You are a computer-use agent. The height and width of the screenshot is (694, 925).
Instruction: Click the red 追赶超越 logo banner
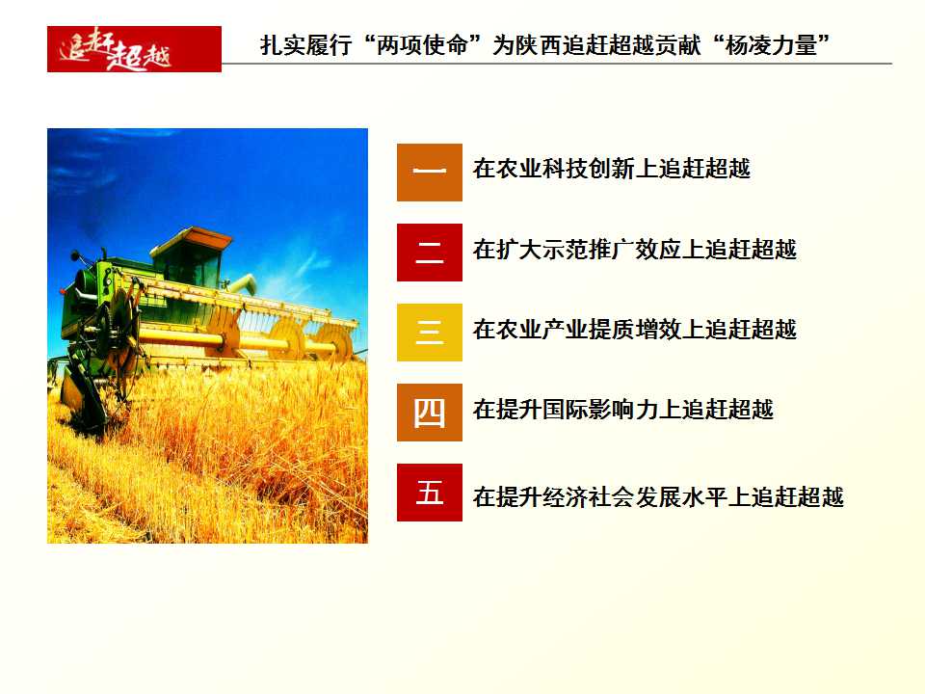(134, 49)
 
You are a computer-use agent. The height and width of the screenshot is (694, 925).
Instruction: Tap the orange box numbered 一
(430, 173)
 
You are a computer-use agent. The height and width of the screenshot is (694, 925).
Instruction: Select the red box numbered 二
(430, 253)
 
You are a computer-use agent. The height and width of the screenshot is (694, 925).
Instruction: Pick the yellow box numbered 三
(430, 333)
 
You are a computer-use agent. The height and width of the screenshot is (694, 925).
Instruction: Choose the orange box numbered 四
(430, 413)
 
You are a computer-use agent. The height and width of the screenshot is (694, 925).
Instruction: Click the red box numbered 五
(430, 493)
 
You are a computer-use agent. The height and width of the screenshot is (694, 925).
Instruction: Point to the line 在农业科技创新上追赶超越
(611, 169)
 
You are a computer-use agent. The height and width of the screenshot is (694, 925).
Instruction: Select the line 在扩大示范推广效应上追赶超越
(635, 249)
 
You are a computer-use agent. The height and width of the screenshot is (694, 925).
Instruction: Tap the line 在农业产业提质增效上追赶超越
(635, 330)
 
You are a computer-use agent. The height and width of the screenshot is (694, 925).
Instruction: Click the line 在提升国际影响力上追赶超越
(623, 409)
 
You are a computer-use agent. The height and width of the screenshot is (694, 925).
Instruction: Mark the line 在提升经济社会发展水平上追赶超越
(658, 497)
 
